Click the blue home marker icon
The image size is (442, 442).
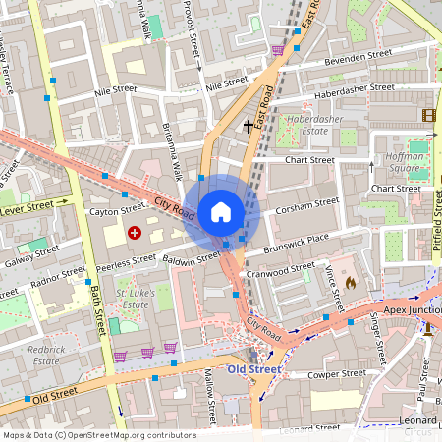pos(221,211)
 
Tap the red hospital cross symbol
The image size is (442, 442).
pos(134,233)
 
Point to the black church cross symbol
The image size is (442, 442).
pos(247,126)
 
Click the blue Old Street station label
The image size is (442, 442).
pos(252,369)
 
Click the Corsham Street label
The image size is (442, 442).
pos(307,206)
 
